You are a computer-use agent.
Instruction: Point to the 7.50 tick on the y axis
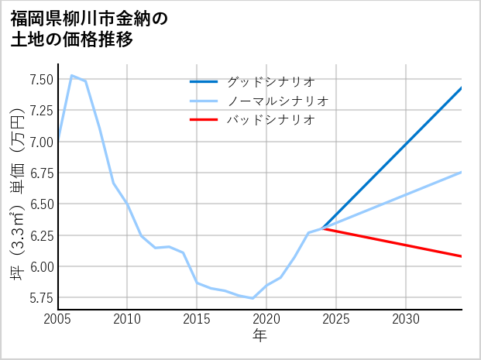[x=41, y=79]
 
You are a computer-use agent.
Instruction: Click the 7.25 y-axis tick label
[x=41, y=110]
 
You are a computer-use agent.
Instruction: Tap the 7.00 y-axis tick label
[x=41, y=142]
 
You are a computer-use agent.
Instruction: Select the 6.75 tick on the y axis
[x=41, y=173]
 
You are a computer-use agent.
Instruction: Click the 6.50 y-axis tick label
[x=41, y=204]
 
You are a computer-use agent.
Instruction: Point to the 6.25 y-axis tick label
[x=41, y=235]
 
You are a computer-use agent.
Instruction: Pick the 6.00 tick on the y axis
[x=41, y=266]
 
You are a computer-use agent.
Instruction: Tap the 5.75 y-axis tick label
[x=41, y=298]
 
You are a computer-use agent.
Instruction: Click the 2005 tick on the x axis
[x=58, y=319]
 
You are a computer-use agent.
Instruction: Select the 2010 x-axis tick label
[x=127, y=319]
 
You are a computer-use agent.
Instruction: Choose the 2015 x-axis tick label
[x=197, y=319]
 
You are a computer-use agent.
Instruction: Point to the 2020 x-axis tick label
[x=266, y=319]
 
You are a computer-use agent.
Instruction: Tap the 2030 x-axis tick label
[x=406, y=319]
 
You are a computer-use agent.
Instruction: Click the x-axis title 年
[x=260, y=336]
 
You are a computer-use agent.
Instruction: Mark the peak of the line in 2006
[x=72, y=75]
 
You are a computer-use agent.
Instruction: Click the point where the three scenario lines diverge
[x=322, y=228]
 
